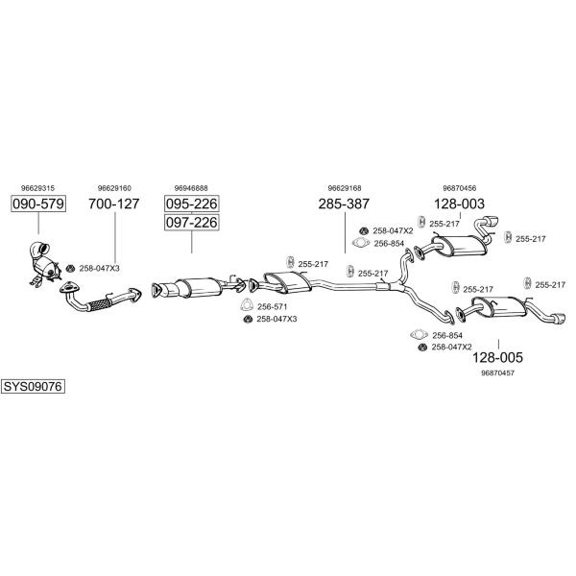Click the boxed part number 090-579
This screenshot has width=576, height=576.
(x=38, y=204)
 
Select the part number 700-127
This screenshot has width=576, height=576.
(x=114, y=204)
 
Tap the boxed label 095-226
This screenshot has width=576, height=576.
(x=192, y=204)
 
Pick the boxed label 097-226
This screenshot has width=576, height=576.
(x=192, y=223)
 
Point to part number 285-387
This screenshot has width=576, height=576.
(x=344, y=204)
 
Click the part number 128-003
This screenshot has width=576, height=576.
(x=459, y=204)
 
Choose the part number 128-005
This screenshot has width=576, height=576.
(x=497, y=357)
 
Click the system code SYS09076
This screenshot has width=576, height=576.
(x=33, y=387)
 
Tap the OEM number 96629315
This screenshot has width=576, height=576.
(x=37, y=188)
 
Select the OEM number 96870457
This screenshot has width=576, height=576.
(x=497, y=372)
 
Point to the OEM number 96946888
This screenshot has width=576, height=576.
(x=191, y=188)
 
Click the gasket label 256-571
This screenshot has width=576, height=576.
(x=273, y=307)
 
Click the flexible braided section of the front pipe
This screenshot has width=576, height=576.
(x=100, y=304)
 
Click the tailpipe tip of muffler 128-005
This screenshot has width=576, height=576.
(x=559, y=318)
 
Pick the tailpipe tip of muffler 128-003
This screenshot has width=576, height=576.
(x=492, y=223)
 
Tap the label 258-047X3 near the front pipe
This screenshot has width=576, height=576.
(x=100, y=269)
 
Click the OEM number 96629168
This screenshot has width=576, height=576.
(x=345, y=188)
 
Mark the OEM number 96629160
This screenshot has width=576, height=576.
(x=114, y=188)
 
